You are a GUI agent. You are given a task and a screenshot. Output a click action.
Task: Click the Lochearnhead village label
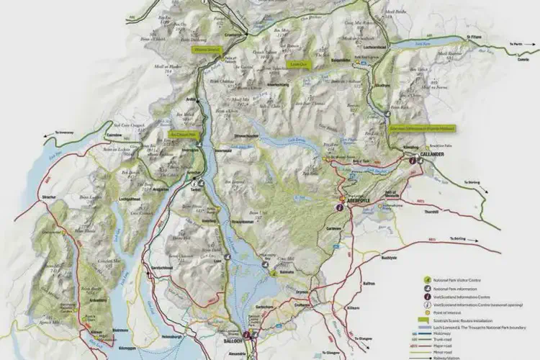377,48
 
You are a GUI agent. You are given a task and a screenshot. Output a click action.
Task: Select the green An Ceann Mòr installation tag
182,133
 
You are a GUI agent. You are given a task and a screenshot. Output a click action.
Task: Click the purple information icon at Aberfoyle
339,207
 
